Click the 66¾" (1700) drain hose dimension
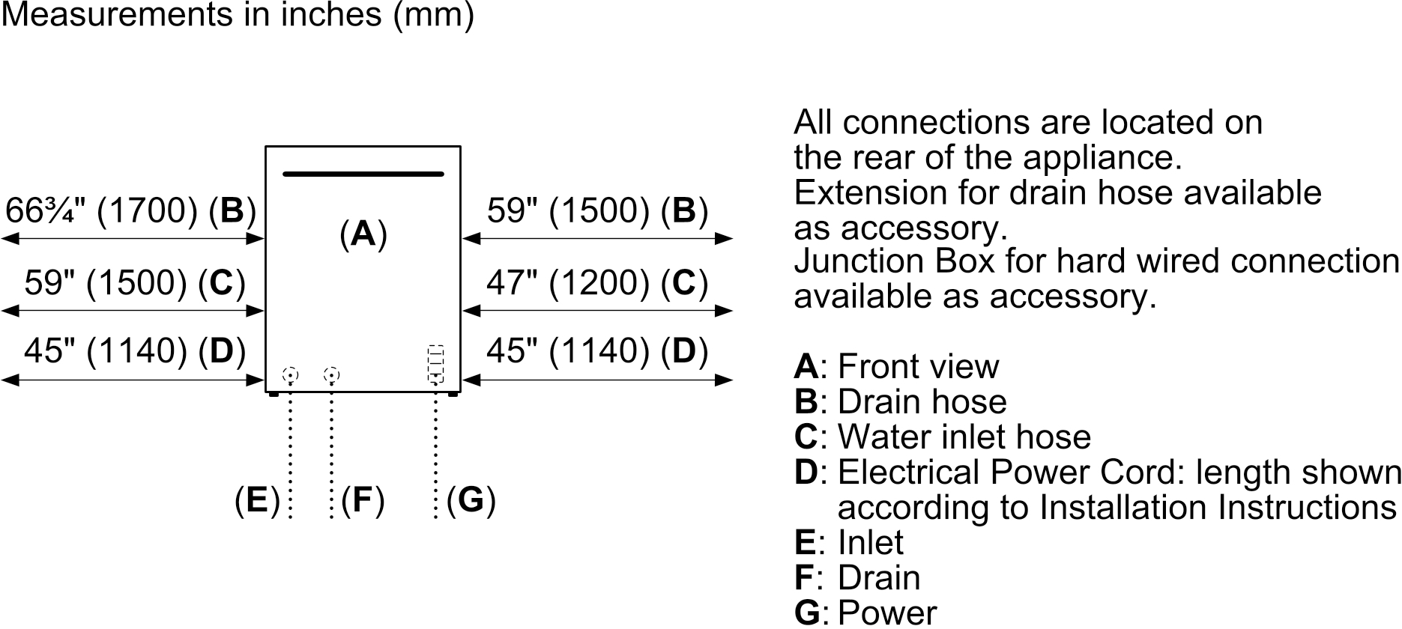tap(130, 211)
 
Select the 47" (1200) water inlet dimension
tap(596, 283)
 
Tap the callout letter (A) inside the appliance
tap(363, 234)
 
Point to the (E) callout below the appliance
tap(257, 499)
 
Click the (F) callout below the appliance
tap(363, 499)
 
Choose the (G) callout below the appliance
tap(471, 499)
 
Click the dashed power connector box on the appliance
tap(435, 363)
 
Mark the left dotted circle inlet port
tap(290, 374)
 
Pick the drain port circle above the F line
tap(331, 374)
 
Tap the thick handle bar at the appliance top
tap(363, 174)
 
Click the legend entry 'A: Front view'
tap(896, 366)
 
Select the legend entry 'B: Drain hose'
tap(900, 401)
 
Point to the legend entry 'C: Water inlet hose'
tap(942, 437)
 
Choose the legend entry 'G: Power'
tap(865, 613)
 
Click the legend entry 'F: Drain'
tap(857, 577)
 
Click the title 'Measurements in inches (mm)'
tap(238, 15)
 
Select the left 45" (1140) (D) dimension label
tap(135, 350)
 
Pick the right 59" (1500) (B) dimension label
tap(596, 211)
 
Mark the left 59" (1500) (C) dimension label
tap(135, 283)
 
